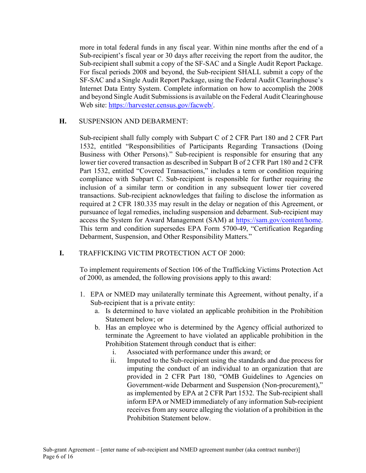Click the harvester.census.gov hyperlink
click(x=161, y=105)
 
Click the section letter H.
click(x=62, y=121)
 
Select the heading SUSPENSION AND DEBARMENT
click(x=133, y=121)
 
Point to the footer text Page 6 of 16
click(x=58, y=457)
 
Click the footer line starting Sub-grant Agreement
click(x=171, y=450)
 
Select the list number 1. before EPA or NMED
click(x=82, y=295)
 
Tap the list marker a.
click(x=97, y=311)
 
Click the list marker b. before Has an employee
click(x=98, y=327)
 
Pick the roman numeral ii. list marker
click(x=113, y=360)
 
